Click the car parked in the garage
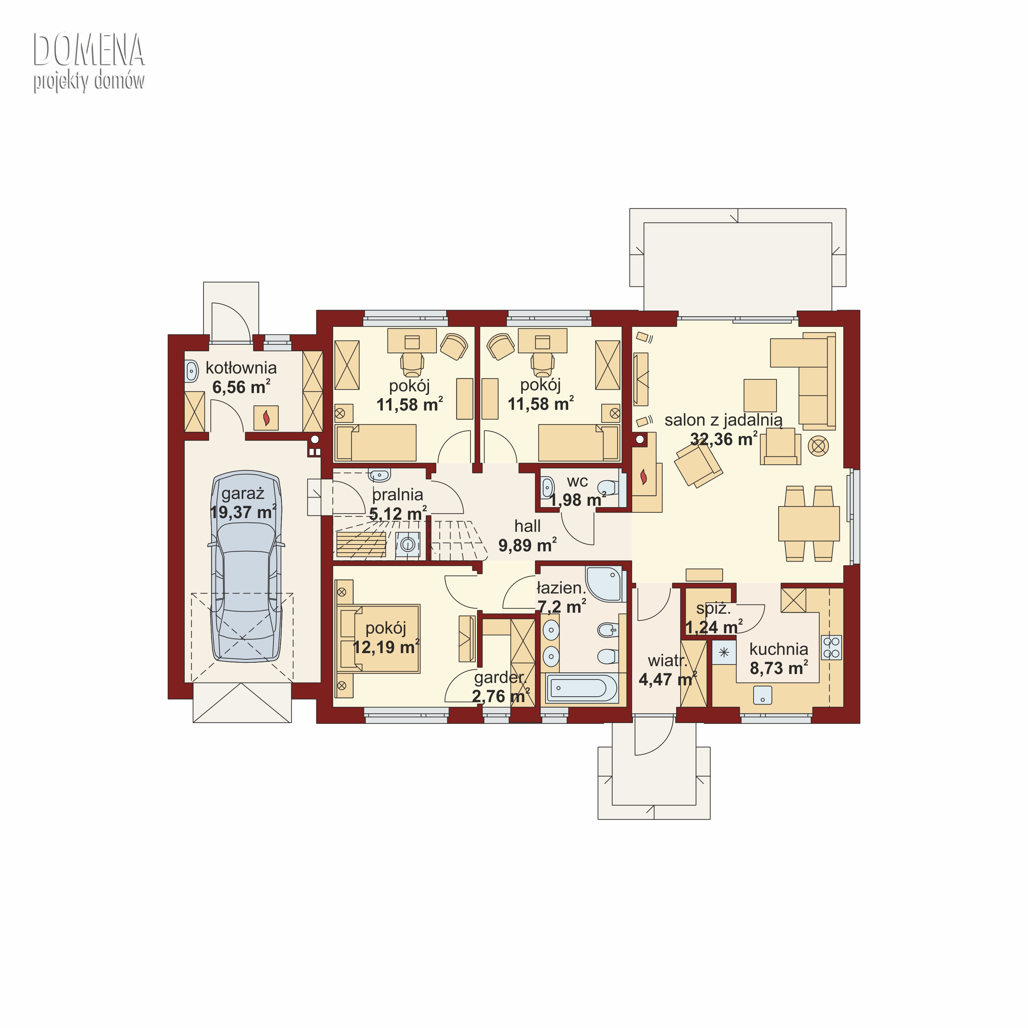click(246, 567)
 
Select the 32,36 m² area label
click(724, 439)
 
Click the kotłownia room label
click(241, 368)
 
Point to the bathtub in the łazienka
click(581, 688)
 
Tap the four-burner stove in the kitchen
click(831, 648)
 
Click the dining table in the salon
click(809, 524)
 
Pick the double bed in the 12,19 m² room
click(379, 638)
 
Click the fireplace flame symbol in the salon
click(644, 476)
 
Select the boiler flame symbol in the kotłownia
click(266, 418)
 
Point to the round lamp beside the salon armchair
click(818, 445)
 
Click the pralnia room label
click(397, 494)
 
